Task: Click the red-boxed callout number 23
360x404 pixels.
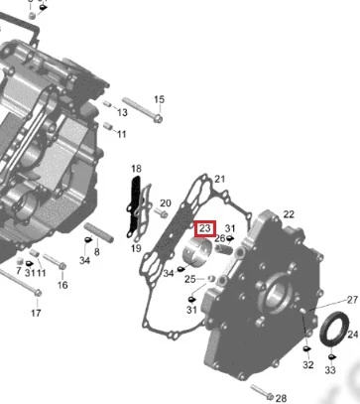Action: coord(205,228)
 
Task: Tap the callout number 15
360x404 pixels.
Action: coord(159,99)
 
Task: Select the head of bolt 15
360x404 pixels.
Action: coord(158,118)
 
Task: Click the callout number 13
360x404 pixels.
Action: coord(122,112)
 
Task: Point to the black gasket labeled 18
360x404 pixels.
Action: coord(135,206)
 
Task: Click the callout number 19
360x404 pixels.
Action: coord(136,248)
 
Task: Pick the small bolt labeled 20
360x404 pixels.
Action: coord(162,212)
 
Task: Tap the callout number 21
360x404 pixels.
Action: coord(220,180)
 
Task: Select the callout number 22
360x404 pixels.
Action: coord(289,214)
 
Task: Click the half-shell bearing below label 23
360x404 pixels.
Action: coord(197,252)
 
